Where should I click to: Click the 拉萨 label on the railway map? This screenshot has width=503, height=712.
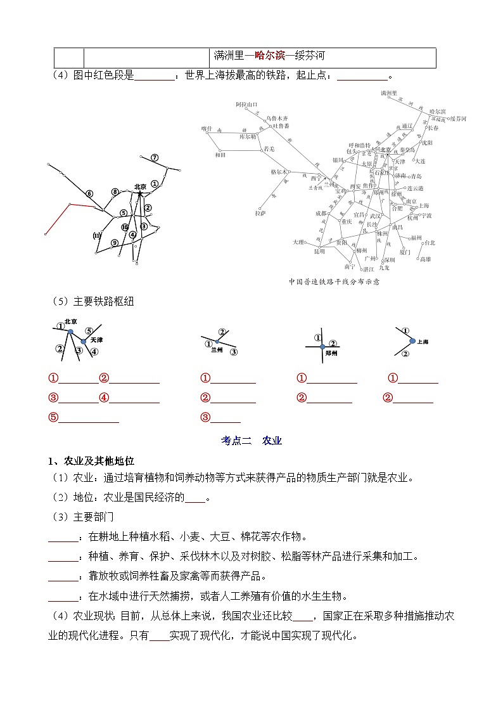coord(260,213)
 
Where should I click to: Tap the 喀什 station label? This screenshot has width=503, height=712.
coord(206,128)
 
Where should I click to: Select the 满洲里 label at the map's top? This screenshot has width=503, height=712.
coord(389,93)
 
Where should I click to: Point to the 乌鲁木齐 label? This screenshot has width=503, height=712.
coord(277,118)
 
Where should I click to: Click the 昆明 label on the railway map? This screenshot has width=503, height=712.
coord(319,251)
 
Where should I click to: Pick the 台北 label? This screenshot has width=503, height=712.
coord(430,242)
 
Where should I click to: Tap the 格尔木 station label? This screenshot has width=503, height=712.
coord(279,172)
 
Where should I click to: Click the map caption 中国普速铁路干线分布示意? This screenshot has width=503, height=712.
coord(333,282)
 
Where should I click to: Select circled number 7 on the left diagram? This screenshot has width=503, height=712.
coord(155,157)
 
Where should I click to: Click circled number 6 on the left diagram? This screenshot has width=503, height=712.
coord(89,193)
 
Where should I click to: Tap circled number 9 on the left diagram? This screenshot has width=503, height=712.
coord(115,243)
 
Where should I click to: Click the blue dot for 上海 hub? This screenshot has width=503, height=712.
coord(412,340)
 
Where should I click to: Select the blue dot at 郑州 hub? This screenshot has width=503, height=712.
coord(322,346)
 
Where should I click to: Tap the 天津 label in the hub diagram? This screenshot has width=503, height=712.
coord(96,340)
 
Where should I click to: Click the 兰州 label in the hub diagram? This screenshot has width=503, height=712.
coord(217,349)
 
